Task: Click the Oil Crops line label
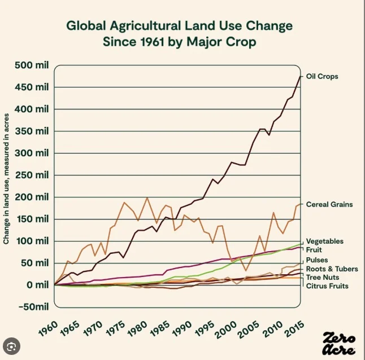322,76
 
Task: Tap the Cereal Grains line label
329,204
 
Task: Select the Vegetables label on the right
324,242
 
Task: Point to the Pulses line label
317,260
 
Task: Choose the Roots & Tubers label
329,269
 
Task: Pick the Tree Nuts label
322,278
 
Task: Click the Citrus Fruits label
327,286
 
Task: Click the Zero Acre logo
338,344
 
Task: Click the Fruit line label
314,249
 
